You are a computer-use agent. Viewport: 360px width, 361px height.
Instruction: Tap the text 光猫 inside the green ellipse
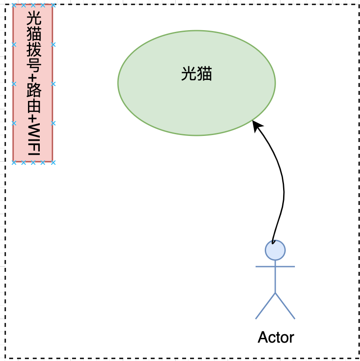197,74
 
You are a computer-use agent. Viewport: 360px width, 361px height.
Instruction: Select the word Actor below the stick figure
276,337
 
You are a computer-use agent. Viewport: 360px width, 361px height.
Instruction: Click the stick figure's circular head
275,250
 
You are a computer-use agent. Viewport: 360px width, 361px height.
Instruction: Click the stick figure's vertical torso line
275,280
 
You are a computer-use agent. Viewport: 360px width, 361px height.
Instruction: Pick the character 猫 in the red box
33,35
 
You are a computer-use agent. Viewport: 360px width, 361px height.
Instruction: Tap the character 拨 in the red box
33,50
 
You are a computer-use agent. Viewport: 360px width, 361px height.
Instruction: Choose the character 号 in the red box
33,66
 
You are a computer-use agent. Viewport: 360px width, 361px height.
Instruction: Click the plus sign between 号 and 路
33,79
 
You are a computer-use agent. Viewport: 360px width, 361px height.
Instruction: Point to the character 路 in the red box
33,91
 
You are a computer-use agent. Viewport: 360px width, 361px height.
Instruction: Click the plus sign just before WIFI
33,119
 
